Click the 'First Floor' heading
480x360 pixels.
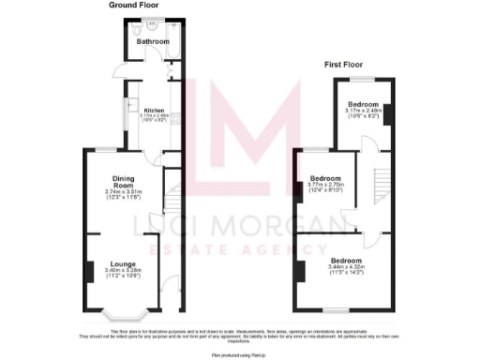pos(345,66)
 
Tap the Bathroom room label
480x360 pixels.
pos(153,42)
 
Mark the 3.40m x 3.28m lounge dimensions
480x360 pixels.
pos(124,274)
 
